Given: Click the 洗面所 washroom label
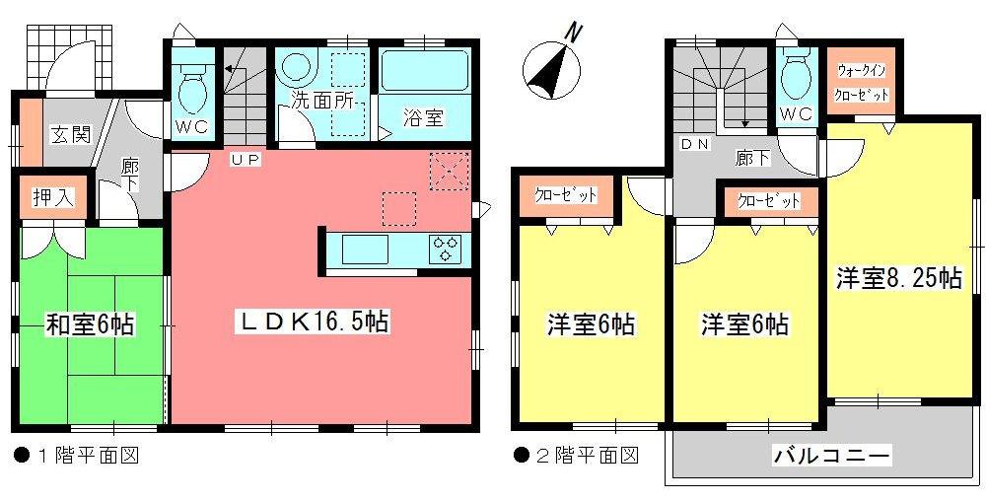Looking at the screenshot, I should (321, 100).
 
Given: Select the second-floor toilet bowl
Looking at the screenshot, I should (795, 72).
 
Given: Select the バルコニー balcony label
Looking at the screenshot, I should (832, 457).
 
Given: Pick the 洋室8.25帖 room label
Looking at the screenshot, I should (898, 279).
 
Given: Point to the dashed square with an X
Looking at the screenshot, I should (448, 171).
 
